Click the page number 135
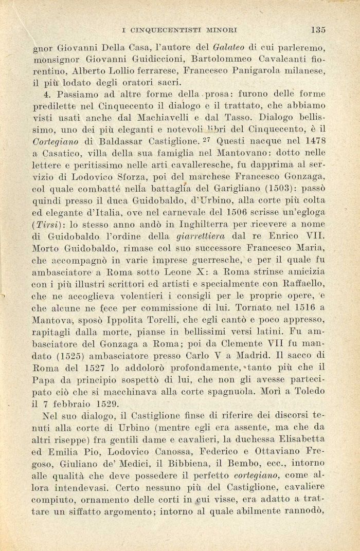(x=318, y=29)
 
